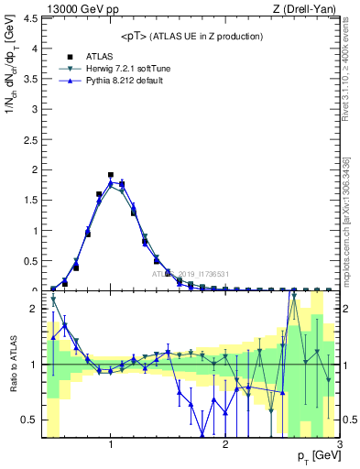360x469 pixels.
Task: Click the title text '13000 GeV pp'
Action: click(x=81, y=9)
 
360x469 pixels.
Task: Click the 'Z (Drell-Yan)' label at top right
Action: click(x=307, y=9)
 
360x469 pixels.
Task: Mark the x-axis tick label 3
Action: click(x=339, y=444)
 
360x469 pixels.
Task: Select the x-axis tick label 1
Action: click(x=111, y=444)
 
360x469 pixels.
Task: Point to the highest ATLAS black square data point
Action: click(x=111, y=174)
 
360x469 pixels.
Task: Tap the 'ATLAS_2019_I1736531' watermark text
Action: click(x=191, y=274)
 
